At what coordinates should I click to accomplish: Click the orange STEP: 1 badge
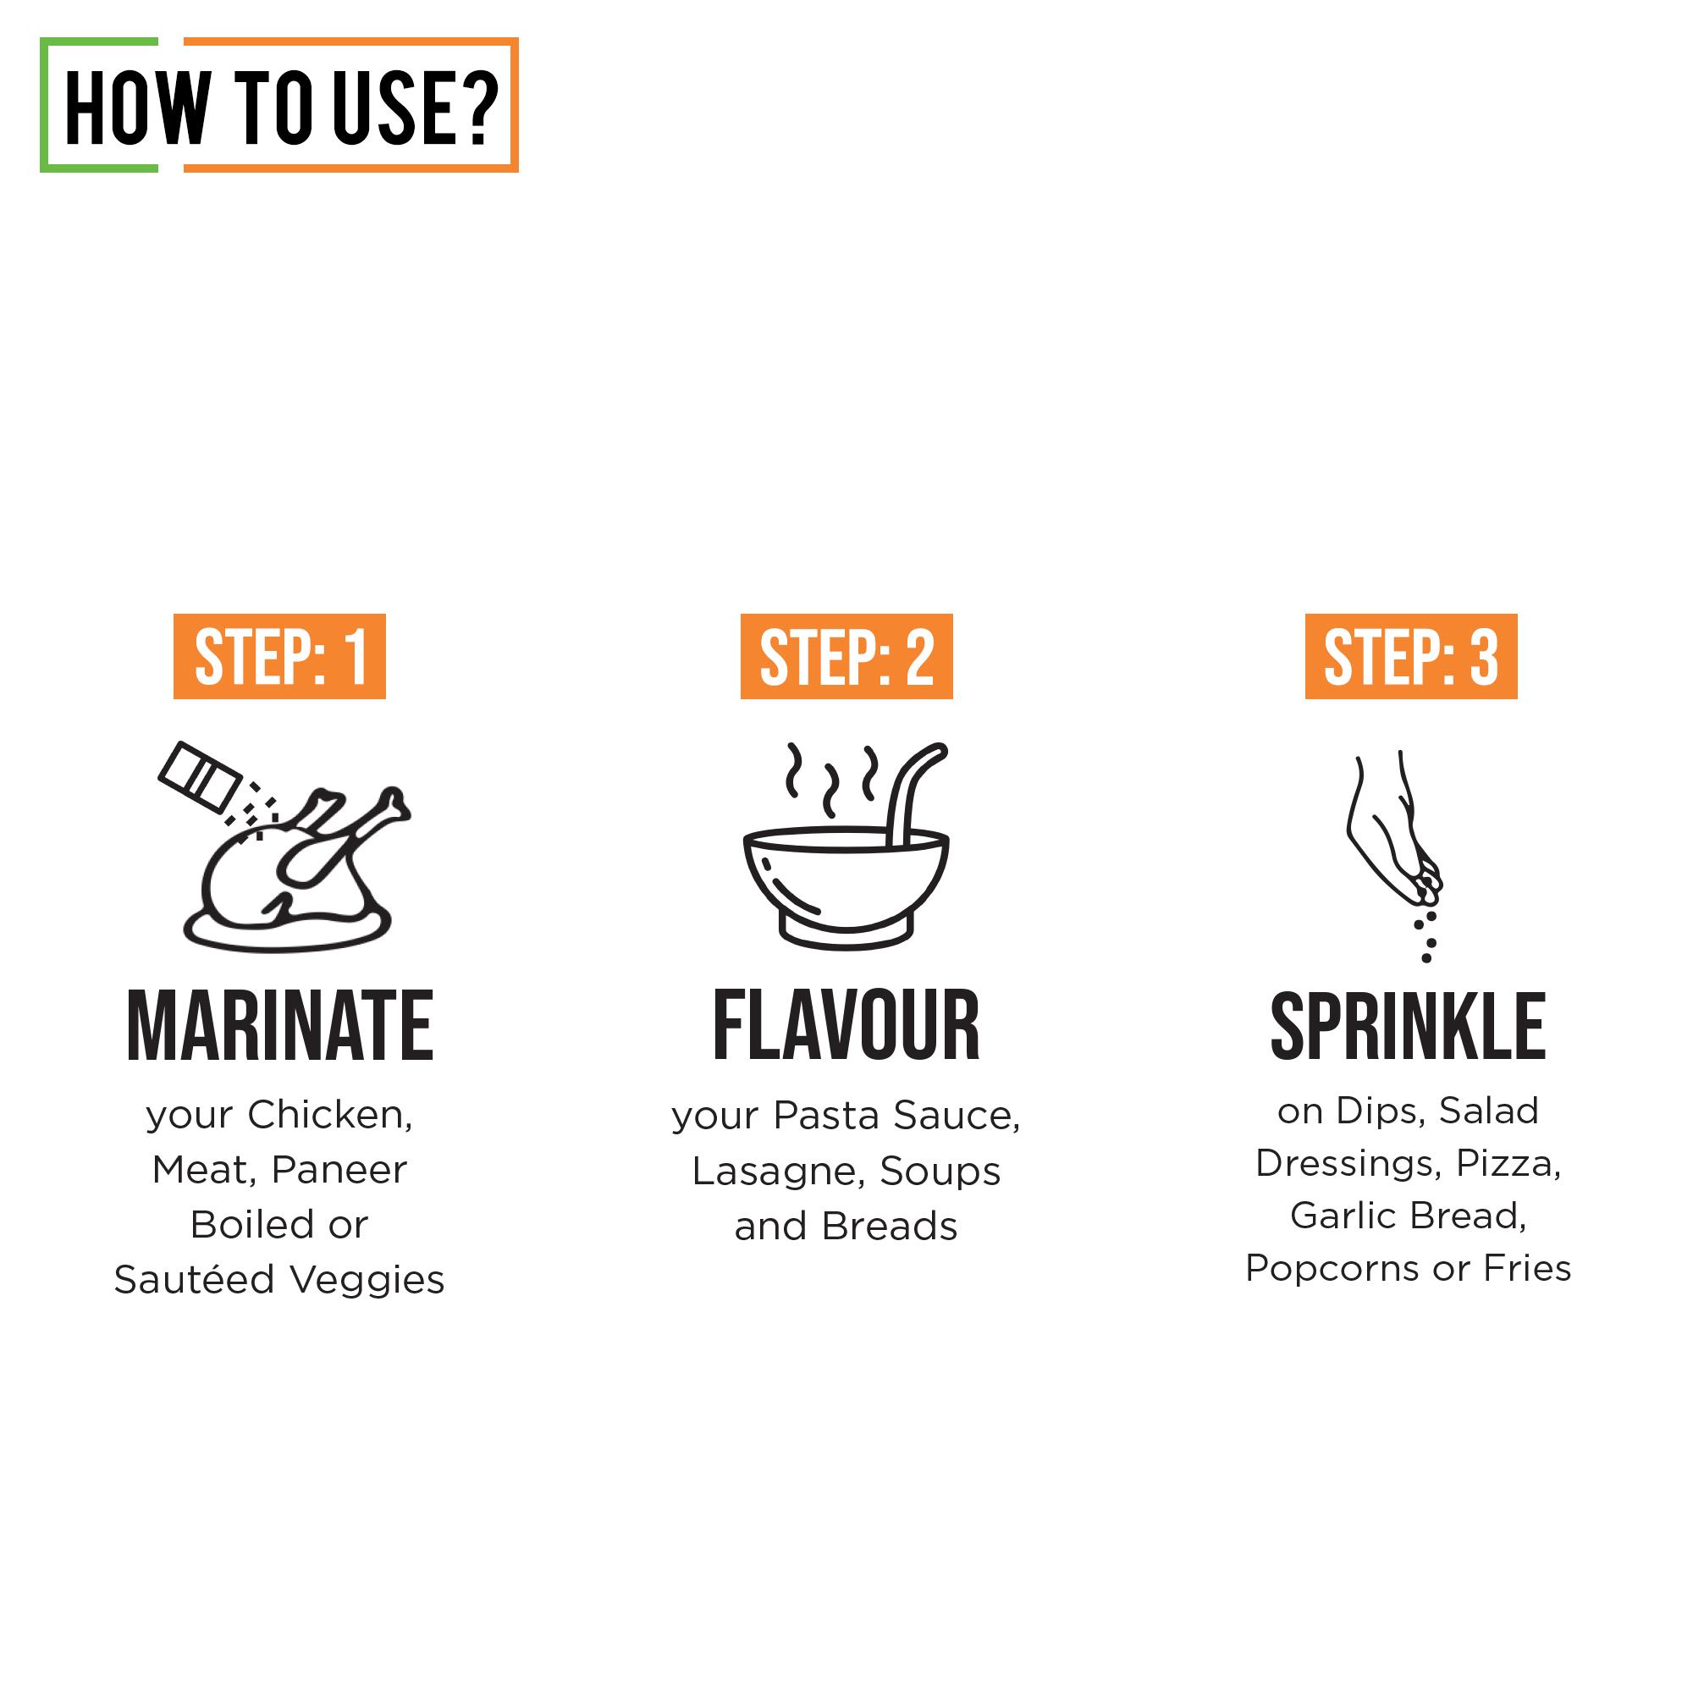click(279, 656)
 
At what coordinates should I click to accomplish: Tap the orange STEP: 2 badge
click(846, 656)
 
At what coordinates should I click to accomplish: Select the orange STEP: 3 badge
click(1411, 656)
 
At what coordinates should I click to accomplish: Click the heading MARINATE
click(280, 1025)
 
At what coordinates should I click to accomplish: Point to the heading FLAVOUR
click(846, 1025)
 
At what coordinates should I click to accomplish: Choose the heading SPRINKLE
click(1409, 1025)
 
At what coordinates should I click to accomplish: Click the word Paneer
click(339, 1170)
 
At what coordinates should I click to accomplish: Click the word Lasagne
click(779, 1172)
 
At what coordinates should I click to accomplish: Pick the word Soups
click(940, 1172)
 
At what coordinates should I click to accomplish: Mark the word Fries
click(1527, 1268)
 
